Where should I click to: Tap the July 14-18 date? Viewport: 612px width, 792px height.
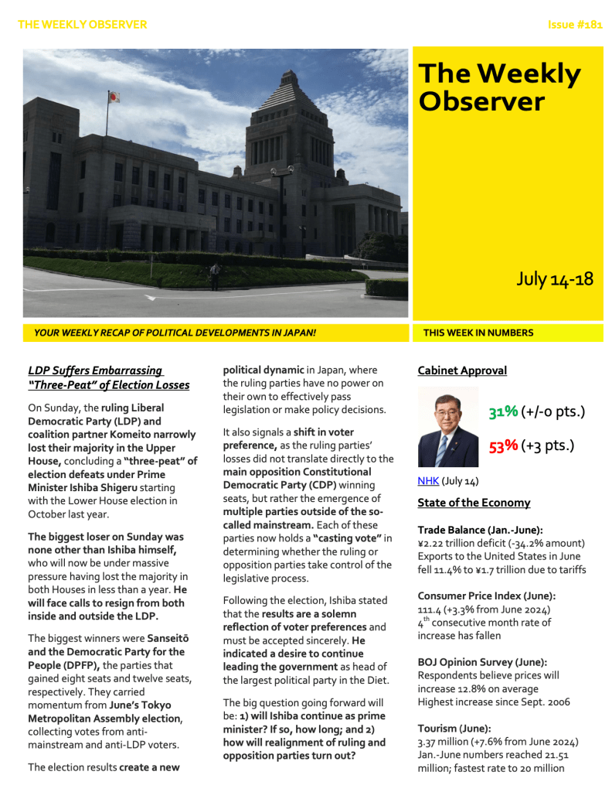[x=554, y=279]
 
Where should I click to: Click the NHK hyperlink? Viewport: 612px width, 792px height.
[x=427, y=481]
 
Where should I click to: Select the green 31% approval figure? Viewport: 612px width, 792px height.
[x=502, y=412]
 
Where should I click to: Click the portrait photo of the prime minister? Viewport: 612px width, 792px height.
[x=447, y=427]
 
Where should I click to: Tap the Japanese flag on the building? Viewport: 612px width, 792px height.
[x=114, y=97]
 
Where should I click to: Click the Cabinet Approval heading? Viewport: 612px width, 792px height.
[x=461, y=370]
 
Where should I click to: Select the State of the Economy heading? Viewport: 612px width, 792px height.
[x=473, y=503]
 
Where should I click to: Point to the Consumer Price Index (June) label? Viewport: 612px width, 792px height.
[x=487, y=596]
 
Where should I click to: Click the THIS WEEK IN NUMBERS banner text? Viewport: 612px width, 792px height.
[x=478, y=333]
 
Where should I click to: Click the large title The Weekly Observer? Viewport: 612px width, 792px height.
[x=498, y=87]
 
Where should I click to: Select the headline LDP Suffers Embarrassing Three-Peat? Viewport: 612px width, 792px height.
[x=108, y=377]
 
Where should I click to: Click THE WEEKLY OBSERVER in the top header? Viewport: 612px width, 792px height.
[x=82, y=25]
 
